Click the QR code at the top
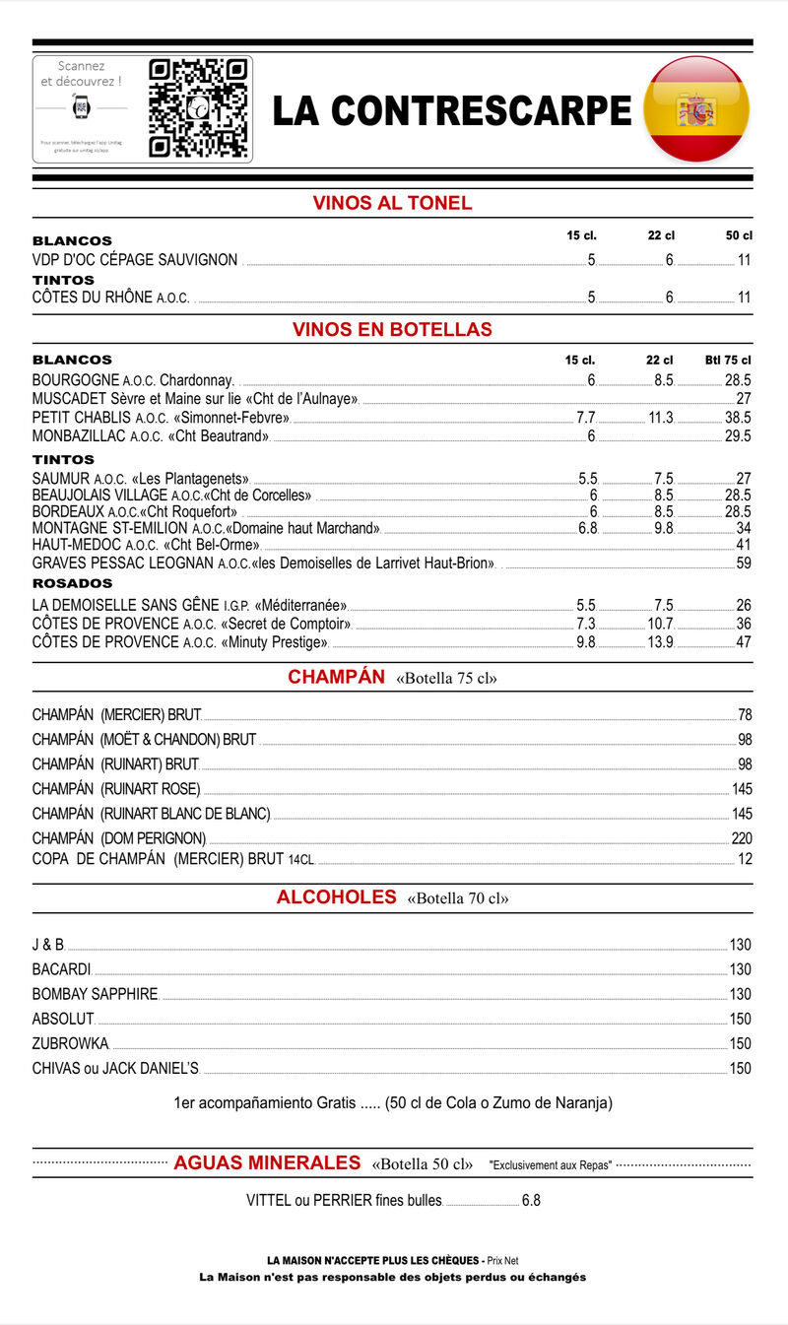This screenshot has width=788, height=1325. tap(197, 108)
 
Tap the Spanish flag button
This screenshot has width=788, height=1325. tap(696, 108)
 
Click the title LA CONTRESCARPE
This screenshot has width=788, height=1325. tap(451, 110)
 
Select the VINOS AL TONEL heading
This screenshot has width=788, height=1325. tap(392, 204)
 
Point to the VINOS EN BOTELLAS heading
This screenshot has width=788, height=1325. tap(392, 329)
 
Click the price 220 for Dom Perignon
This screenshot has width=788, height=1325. tap(741, 838)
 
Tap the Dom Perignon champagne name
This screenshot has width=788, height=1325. tap(119, 838)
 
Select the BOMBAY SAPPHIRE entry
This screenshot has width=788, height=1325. tap(95, 994)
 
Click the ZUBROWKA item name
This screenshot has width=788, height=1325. tap(70, 1043)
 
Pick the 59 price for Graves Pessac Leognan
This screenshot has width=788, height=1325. tap(744, 563)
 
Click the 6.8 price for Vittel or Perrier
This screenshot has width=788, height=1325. tap(531, 1201)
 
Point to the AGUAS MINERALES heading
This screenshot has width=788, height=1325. tap(267, 1163)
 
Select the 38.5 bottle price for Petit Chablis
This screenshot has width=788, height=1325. tap(738, 418)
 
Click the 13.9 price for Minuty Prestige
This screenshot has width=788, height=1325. tap(660, 642)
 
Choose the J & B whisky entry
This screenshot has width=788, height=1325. tap(47, 945)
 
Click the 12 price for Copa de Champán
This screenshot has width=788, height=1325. tap(745, 859)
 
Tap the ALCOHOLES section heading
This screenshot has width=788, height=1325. tap(336, 897)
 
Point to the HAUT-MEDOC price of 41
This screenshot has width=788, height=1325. tap(744, 545)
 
